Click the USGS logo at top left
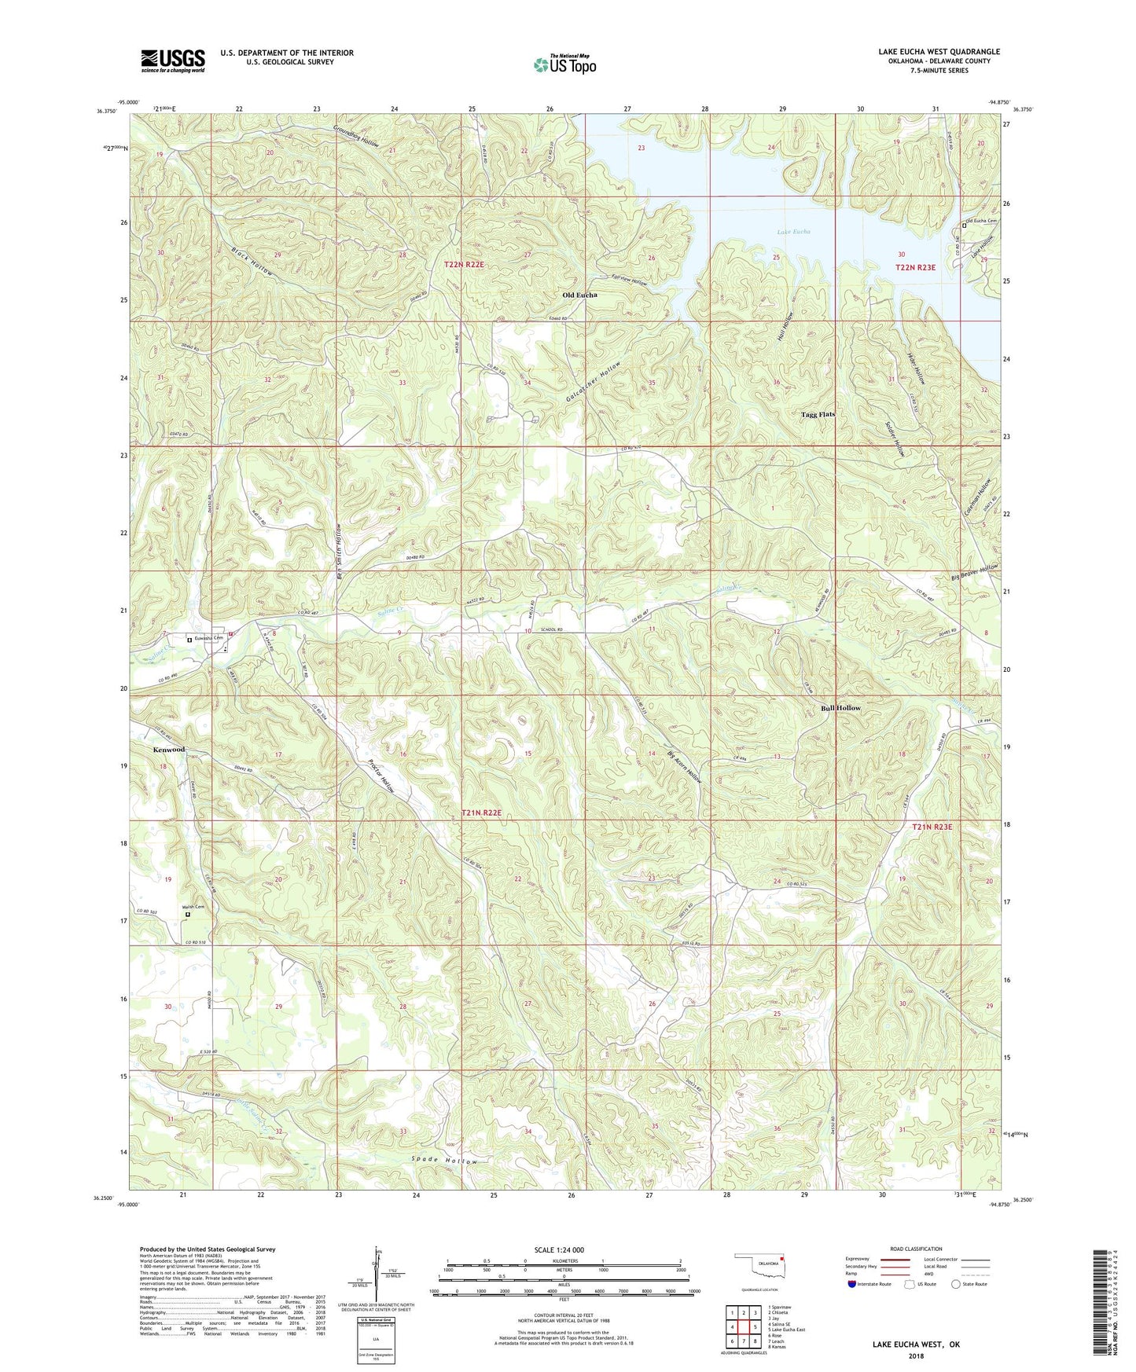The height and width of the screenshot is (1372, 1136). pyautogui.click(x=173, y=61)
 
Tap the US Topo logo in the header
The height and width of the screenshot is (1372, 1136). pyautogui.click(x=564, y=64)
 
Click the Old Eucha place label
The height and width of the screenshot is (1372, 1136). pyautogui.click(x=579, y=295)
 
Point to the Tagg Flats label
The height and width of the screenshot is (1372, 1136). pyautogui.click(x=818, y=414)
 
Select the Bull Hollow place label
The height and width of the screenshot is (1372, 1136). pyautogui.click(x=840, y=708)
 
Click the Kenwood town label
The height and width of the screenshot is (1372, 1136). pyautogui.click(x=169, y=750)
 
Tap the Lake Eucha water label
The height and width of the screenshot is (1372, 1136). pyautogui.click(x=793, y=232)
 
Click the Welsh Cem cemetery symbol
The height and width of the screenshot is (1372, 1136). pyautogui.click(x=187, y=915)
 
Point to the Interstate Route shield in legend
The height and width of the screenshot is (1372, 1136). pyautogui.click(x=852, y=1284)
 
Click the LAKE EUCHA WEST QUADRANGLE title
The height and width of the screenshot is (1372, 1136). pyautogui.click(x=939, y=52)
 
